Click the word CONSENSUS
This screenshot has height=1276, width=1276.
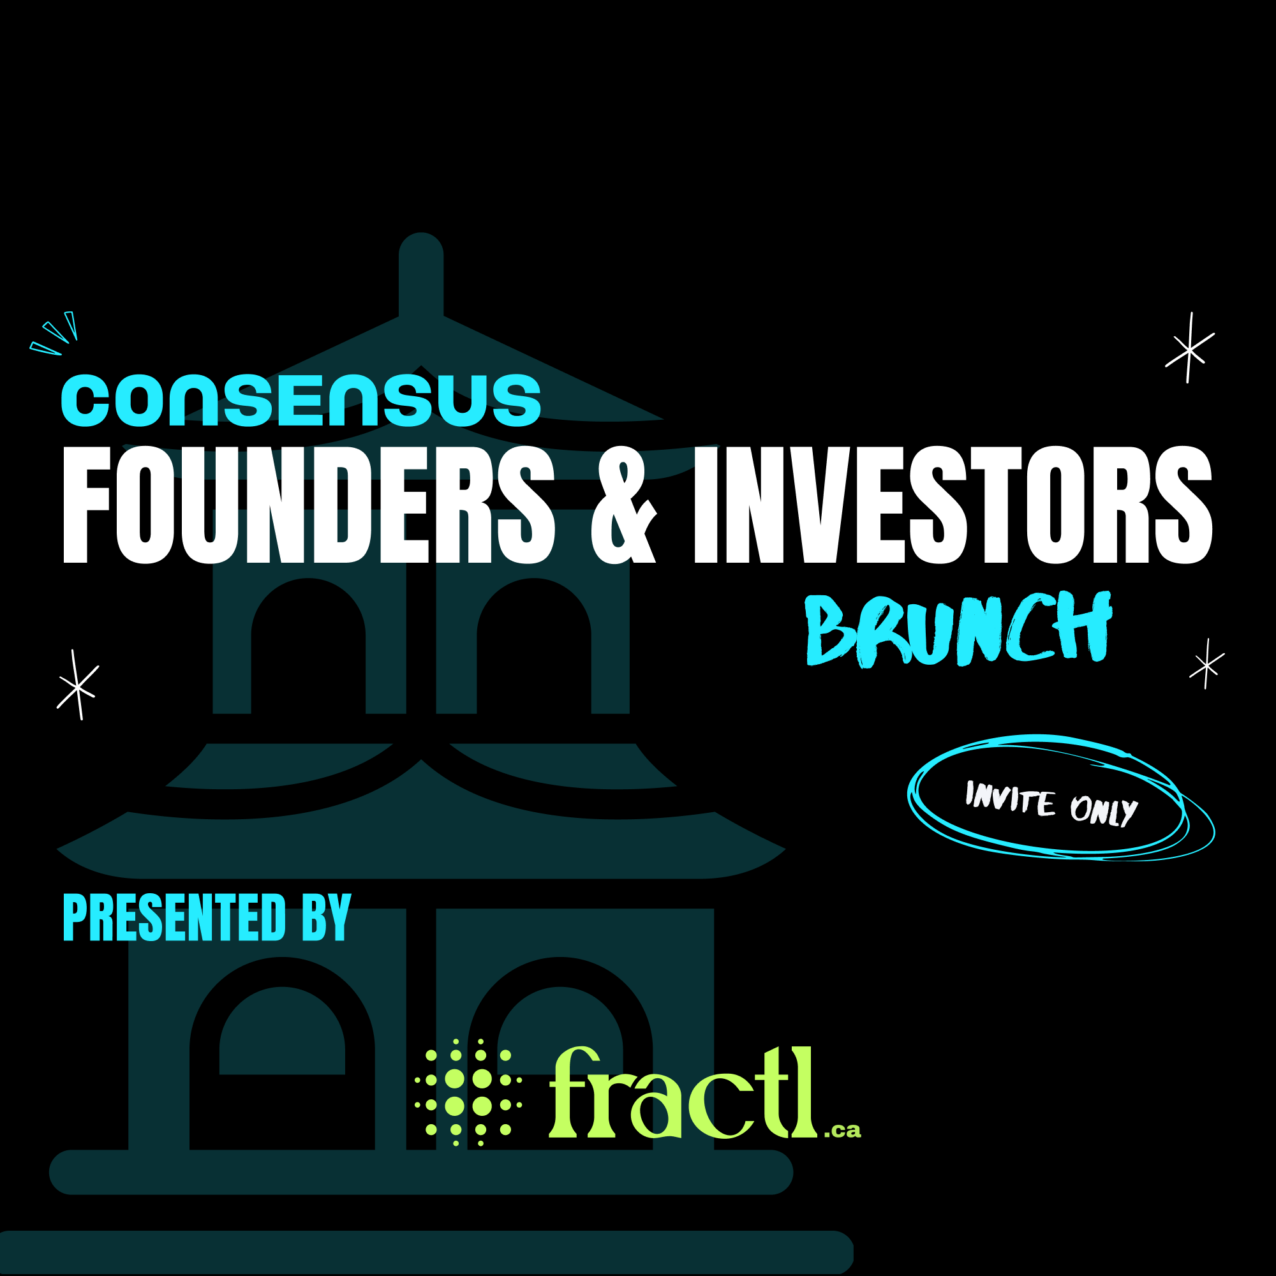pyautogui.click(x=301, y=400)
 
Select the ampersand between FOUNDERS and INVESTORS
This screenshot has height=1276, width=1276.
pyautogui.click(x=623, y=506)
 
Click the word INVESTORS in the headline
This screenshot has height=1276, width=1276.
pyautogui.click(x=953, y=505)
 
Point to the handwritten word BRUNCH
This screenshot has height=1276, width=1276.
pyautogui.click(x=958, y=629)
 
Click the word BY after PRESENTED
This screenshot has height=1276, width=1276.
pyautogui.click(x=326, y=917)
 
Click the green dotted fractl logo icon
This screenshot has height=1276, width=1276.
pyautogui.click(x=468, y=1092)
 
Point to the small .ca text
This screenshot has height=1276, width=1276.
pyautogui.click(x=843, y=1130)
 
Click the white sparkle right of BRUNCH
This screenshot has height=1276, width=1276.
pyautogui.click(x=1206, y=664)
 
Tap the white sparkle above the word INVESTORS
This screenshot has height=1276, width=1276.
pyautogui.click(x=1189, y=349)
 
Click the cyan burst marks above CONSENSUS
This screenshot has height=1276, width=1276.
pyautogui.click(x=56, y=334)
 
